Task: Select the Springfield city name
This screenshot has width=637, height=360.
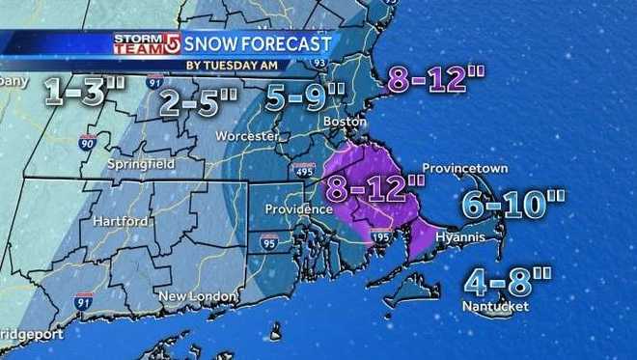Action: (x=143, y=164)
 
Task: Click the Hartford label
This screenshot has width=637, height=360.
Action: (x=121, y=221)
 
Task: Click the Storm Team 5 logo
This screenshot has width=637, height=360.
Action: (x=147, y=44)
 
